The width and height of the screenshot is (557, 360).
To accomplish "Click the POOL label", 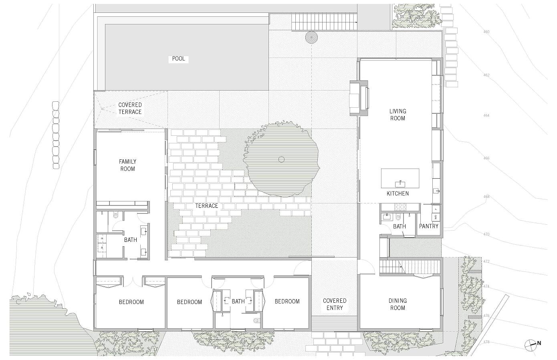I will tap(178, 59).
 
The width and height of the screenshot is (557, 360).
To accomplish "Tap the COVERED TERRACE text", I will tap(130, 109).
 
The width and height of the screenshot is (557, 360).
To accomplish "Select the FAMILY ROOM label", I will tap(127, 165).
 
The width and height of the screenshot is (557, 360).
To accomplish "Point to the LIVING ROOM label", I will tap(398, 115).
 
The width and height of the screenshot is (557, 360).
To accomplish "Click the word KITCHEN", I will tap(398, 193).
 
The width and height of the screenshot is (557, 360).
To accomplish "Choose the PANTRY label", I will tap(429, 226).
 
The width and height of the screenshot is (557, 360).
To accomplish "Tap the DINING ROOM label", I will tap(398, 304).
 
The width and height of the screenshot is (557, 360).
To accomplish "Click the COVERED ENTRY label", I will tap(335, 304).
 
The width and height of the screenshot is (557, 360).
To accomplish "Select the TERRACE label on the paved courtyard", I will tap(206, 206).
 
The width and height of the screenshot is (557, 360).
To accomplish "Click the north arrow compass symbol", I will tap(530, 343).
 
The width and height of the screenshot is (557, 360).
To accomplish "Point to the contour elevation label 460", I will tap(486, 32).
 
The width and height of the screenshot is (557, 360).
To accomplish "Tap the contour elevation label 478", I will tap(486, 342).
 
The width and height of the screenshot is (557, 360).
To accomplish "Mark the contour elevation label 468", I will tap(486, 197).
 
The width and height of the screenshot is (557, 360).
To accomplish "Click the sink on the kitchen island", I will tap(400, 183).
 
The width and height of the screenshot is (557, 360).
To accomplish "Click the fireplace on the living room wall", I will tap(359, 97).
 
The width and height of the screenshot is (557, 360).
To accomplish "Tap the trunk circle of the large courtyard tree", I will tap(281, 159).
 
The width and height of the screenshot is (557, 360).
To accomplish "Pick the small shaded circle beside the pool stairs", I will tap(311, 37).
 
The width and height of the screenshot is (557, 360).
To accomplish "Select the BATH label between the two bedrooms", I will tap(238, 302).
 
